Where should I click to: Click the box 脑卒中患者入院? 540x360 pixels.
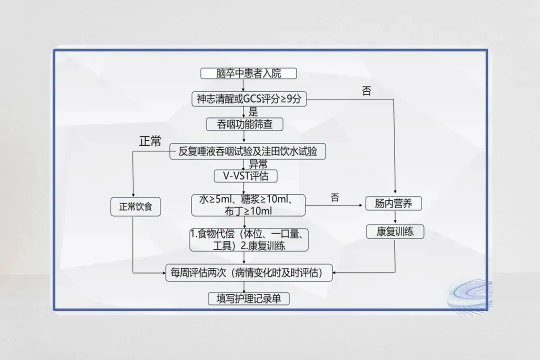tap(248, 73)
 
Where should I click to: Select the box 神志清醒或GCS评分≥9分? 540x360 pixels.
tap(248, 99)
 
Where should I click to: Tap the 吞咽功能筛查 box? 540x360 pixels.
tap(244, 124)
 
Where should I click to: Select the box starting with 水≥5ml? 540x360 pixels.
tap(248, 205)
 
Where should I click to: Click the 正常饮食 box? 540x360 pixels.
tap(135, 206)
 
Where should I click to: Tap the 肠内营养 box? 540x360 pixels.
tap(395, 203)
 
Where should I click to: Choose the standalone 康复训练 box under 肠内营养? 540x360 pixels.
tap(395, 231)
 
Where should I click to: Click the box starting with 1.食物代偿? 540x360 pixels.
tap(248, 240)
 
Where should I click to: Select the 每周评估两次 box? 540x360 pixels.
tap(248, 273)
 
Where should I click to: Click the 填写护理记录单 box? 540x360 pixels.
tap(248, 298)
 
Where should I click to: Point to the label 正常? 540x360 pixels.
tap(150, 141)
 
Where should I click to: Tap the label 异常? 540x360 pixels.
tap(258, 164)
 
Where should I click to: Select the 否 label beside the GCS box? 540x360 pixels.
tap(366, 91)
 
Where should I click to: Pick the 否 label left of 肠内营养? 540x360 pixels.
tap(334, 197)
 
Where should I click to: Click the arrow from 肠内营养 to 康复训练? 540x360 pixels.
tap(395, 217)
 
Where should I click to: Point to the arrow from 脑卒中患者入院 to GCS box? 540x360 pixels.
tap(243, 85)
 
